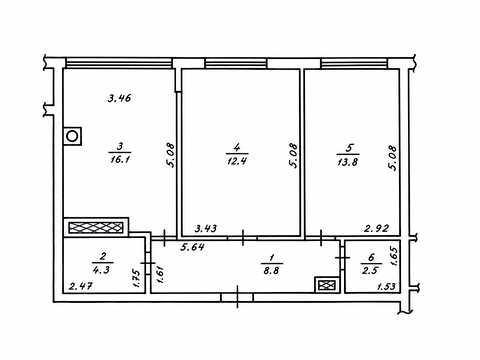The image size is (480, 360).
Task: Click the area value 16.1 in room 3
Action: (x=120, y=159)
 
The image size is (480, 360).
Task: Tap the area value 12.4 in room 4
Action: (x=237, y=161)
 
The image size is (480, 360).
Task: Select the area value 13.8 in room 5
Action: (x=348, y=162)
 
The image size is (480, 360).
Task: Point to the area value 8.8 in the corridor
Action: (x=271, y=270)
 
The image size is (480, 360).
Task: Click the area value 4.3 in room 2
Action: (x=101, y=269)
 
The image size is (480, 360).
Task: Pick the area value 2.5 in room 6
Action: (x=370, y=269)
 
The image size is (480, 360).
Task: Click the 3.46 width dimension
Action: (x=119, y=98)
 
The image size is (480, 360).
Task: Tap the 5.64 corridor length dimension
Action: (x=193, y=247)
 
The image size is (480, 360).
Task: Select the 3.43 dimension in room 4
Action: (x=206, y=228)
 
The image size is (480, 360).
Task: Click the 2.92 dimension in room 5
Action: (x=377, y=228)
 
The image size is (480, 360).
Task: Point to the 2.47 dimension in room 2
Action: (x=81, y=286)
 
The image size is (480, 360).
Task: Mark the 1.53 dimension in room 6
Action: (x=387, y=286)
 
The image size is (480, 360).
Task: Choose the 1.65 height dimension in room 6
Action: (x=393, y=256)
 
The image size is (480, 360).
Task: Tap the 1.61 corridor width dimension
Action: (x=160, y=273)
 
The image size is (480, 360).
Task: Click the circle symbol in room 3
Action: (x=72, y=136)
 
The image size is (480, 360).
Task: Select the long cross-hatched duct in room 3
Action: (x=96, y=228)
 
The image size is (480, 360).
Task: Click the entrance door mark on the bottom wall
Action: (x=237, y=297)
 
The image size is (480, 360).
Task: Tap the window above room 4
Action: (x=236, y=63)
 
